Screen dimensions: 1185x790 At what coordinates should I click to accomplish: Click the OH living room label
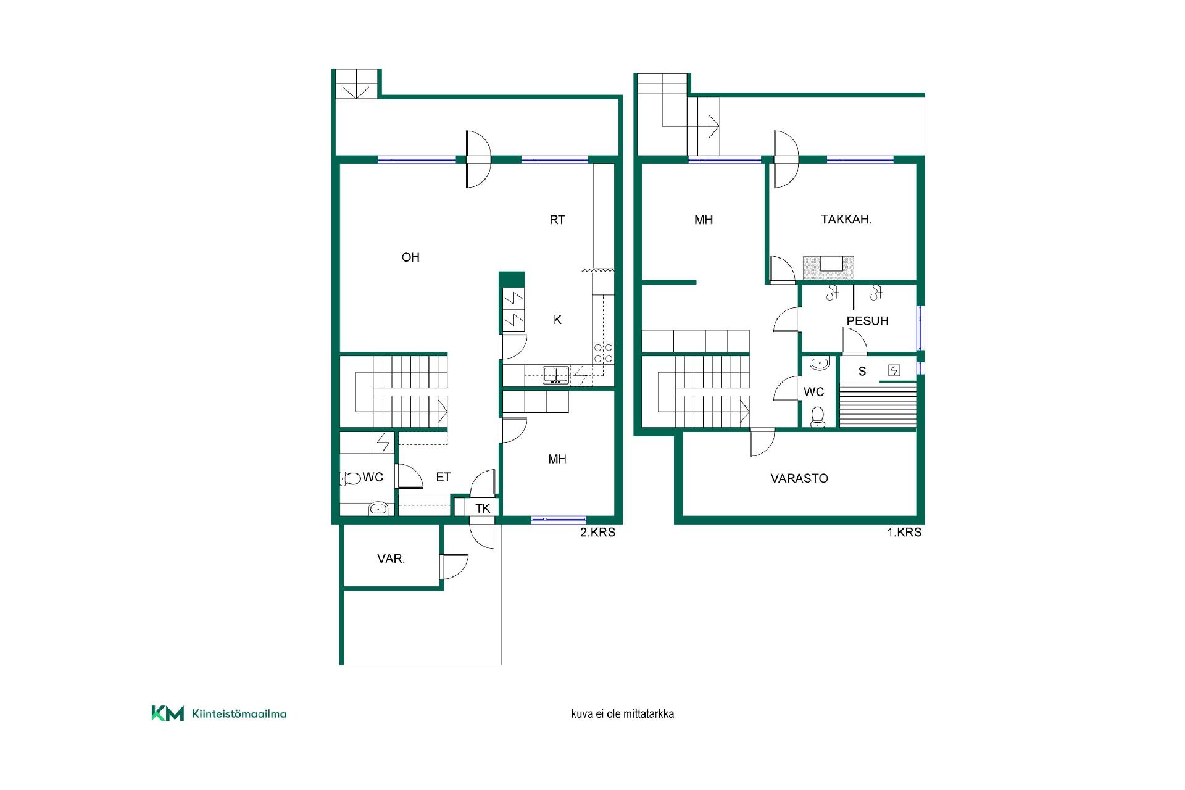[410, 257]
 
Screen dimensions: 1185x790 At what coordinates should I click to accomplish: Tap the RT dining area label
[557, 220]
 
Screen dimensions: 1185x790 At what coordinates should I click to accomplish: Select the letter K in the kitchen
[558, 320]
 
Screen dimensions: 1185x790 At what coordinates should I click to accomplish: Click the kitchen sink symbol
[555, 375]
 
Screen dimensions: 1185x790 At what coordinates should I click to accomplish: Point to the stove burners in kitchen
[603, 353]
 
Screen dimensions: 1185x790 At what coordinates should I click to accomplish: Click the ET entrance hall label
[443, 477]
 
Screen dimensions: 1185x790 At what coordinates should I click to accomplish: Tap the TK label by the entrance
[483, 509]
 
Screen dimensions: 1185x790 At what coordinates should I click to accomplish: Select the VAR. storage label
[391, 559]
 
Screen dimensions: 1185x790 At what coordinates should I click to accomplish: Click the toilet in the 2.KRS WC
[351, 478]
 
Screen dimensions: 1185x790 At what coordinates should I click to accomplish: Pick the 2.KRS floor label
[597, 532]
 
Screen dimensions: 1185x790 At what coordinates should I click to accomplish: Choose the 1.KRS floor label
[904, 532]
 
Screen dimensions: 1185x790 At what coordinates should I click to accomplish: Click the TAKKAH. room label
[846, 219]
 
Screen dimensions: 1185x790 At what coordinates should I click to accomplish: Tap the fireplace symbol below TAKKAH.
[828, 268]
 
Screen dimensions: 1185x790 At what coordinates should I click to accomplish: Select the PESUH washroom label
[867, 321]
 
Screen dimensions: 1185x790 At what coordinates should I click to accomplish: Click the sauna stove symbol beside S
[894, 370]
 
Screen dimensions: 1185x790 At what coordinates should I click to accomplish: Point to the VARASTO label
[799, 478]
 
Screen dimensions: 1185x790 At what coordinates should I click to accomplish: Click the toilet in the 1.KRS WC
[818, 417]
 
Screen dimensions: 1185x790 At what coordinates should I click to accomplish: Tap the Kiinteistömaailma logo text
[239, 714]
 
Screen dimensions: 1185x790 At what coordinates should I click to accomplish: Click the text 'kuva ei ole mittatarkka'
[622, 714]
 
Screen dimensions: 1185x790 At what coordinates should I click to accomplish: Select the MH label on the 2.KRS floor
[557, 459]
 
